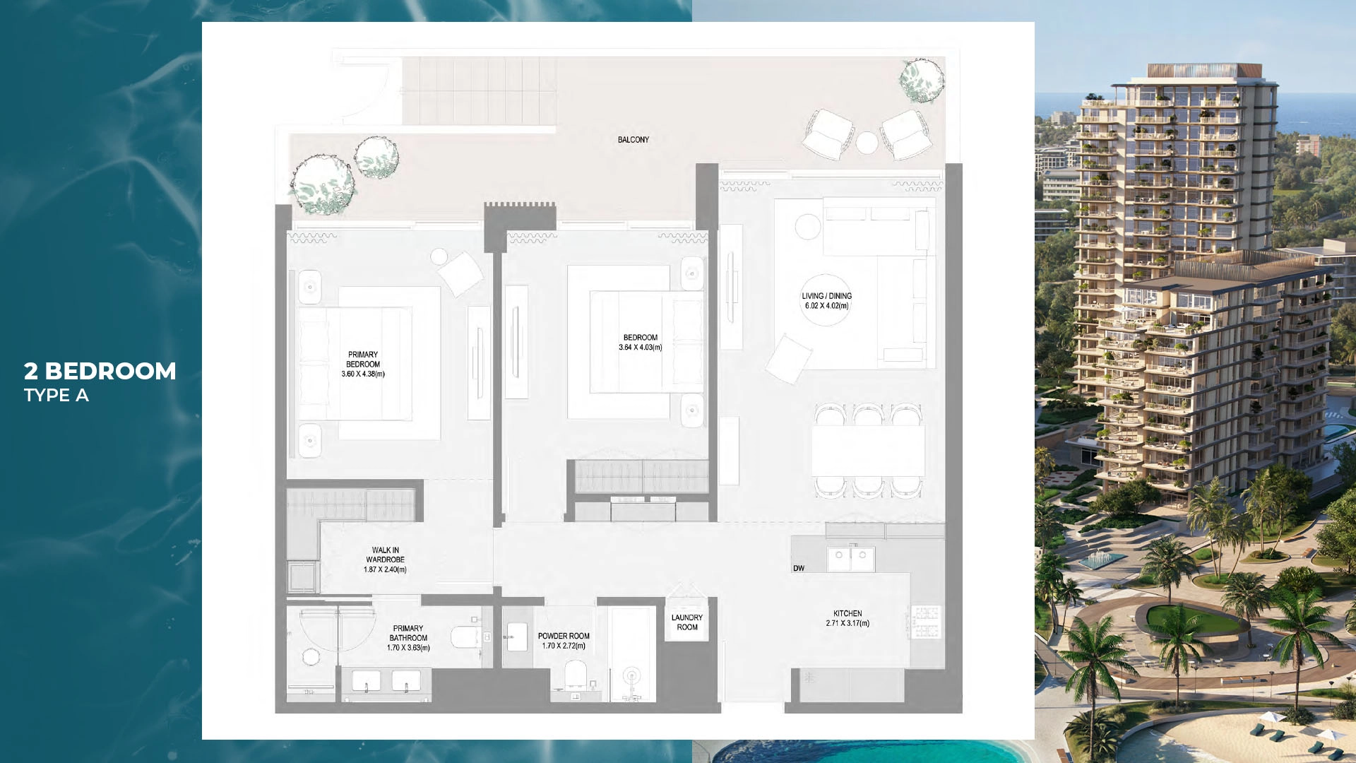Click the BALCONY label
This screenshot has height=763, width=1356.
[633, 140]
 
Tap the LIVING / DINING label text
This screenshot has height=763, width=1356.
[826, 296]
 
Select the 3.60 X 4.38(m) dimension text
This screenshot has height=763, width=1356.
[363, 374]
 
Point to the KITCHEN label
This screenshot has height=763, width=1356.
[847, 613]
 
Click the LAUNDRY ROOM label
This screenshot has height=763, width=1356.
[687, 622]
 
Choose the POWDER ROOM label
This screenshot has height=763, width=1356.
[564, 636]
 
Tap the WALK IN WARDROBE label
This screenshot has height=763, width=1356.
[385, 555]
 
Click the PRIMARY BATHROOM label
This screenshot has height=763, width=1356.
[408, 633]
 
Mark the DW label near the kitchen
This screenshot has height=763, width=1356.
[799, 568]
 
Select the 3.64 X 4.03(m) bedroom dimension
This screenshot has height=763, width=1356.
[641, 348]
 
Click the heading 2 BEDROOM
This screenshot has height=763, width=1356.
[100, 371]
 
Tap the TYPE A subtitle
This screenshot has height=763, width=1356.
[56, 395]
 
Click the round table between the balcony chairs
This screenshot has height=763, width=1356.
[867, 143]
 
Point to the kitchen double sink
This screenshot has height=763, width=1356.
[851, 558]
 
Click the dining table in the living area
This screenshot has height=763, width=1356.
[868, 450]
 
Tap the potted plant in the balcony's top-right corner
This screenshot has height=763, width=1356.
[922, 79]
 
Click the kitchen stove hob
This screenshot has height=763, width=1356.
[926, 622]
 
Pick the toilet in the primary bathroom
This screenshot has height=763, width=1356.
[465, 637]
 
